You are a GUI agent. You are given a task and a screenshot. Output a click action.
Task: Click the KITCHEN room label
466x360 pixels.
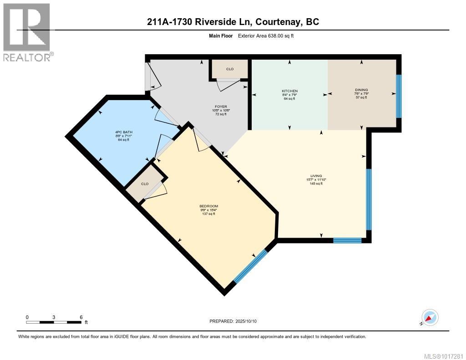pos(289,91)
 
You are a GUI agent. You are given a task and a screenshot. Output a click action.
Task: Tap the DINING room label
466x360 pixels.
pos(361,90)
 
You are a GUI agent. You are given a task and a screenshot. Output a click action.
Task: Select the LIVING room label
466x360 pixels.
pos(316,176)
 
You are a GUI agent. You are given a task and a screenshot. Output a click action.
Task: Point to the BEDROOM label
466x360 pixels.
pos(208,206)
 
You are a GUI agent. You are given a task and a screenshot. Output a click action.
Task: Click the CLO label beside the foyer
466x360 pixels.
pos(230,69)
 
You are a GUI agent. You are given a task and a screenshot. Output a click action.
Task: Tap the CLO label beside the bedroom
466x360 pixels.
pos(144,184)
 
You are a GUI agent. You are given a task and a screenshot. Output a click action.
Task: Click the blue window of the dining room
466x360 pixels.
pos(399,95)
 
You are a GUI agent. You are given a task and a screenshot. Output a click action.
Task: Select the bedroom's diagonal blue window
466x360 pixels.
pos(250,266)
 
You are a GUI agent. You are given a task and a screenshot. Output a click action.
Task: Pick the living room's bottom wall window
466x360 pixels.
pos(347,240)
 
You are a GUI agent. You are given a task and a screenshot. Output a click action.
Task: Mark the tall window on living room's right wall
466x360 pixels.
pos(369,199)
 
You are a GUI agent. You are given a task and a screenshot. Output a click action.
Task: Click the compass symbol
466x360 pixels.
pos(430,317)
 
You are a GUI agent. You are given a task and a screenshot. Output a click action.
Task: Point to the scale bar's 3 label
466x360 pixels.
pos(54,317)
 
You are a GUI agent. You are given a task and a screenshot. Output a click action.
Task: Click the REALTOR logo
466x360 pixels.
pos(27,32)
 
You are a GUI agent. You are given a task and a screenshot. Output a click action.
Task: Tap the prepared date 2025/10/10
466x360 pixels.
pos(246,321)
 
